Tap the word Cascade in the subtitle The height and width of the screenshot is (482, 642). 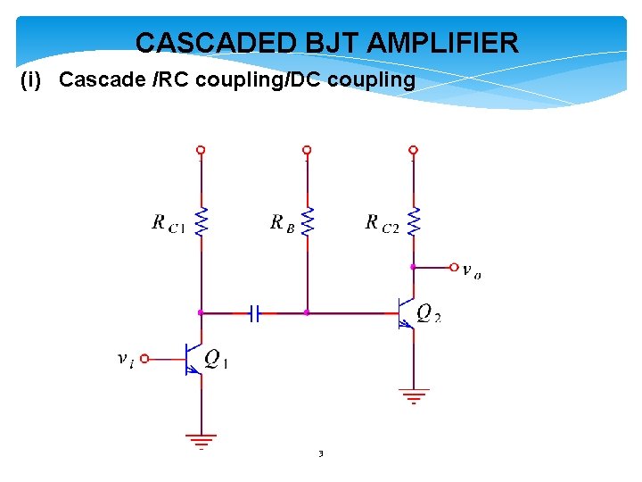pyautogui.click(x=93, y=80)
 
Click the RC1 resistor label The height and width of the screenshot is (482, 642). pyautogui.click(x=169, y=223)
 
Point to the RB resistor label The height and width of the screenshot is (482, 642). pyautogui.click(x=282, y=223)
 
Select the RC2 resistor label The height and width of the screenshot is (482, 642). pyautogui.click(x=383, y=223)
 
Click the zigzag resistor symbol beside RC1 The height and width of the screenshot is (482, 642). pyautogui.click(x=202, y=221)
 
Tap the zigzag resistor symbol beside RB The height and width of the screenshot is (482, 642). pyautogui.click(x=307, y=221)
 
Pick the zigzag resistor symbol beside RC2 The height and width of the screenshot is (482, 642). pyautogui.click(x=413, y=221)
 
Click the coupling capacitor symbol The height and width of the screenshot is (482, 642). pyautogui.click(x=254, y=313)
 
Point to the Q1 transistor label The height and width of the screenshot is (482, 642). pyautogui.click(x=217, y=359)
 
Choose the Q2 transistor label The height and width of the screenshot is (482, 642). pyautogui.click(x=429, y=313)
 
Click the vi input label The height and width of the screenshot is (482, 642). pyautogui.click(x=126, y=359)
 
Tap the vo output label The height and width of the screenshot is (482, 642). pyautogui.click(x=472, y=270)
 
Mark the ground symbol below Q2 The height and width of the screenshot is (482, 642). pyautogui.click(x=413, y=394)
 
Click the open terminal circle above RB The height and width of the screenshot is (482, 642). pyautogui.click(x=307, y=150)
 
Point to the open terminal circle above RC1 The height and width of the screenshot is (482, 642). pyautogui.click(x=202, y=150)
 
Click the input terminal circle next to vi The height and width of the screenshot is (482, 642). pyautogui.click(x=144, y=359)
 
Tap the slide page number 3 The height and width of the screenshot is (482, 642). pyautogui.click(x=321, y=454)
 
